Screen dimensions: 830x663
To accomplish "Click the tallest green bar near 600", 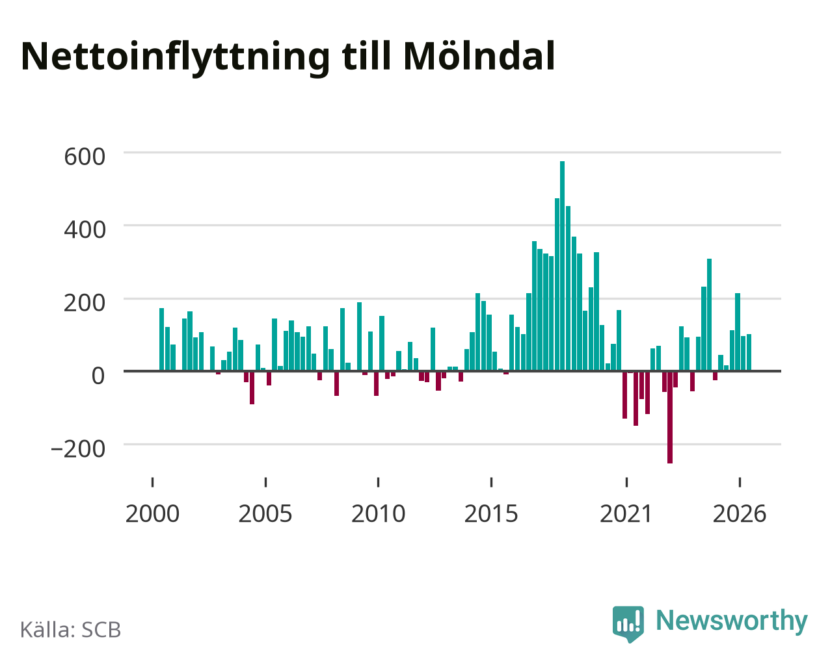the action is point(563,266).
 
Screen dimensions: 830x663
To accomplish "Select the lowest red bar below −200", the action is point(670,417).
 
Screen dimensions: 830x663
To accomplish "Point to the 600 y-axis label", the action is point(85,157).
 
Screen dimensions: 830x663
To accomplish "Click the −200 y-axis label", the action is point(78,448).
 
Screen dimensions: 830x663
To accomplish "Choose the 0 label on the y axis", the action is point(98,376).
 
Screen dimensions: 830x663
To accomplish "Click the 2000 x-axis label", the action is point(153,513).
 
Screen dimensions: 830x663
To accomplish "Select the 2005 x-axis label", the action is point(265,513).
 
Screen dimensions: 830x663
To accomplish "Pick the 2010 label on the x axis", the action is point(379,513).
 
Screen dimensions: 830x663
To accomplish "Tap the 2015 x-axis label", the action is point(491,513).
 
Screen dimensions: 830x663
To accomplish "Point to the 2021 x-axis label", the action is point(626,513).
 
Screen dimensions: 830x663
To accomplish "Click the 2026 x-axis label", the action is point(740,513).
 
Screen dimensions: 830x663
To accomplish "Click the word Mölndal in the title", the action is point(479,57).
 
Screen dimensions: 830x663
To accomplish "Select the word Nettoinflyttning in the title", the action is point(176,58).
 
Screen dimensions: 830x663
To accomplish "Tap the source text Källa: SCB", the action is point(71,630).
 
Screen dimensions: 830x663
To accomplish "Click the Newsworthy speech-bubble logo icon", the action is point(628,623).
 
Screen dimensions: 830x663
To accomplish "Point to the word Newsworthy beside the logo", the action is point(732,621).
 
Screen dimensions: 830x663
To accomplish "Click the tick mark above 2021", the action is point(627,482).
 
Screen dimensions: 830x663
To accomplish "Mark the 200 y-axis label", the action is point(85,303).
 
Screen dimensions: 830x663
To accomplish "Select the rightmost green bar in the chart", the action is point(749,352).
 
